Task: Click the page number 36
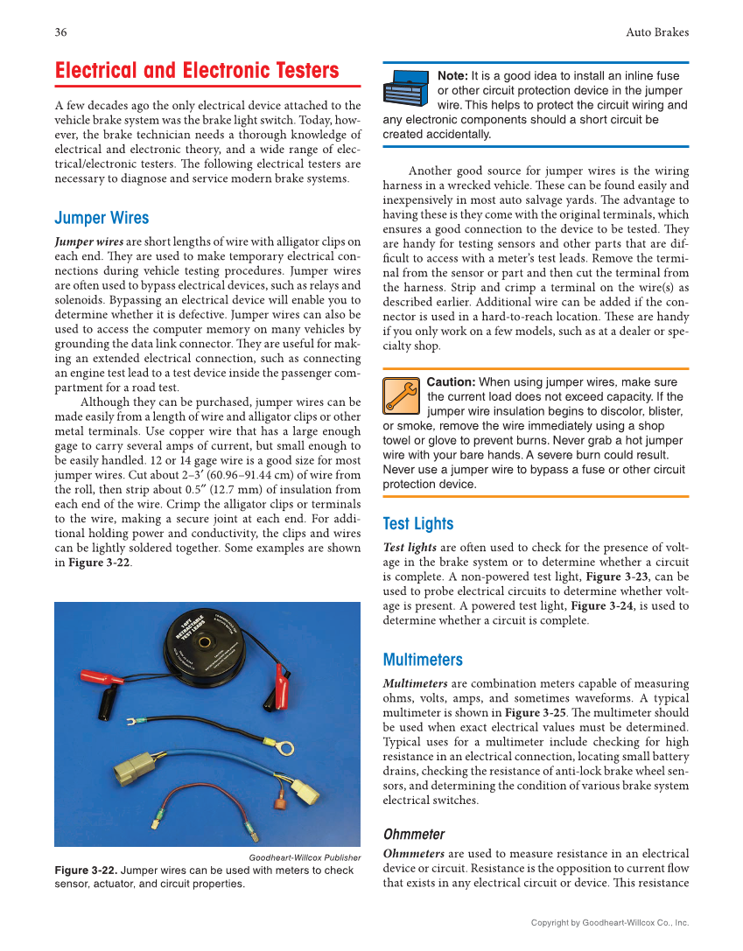click(x=60, y=32)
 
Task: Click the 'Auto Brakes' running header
click(x=656, y=32)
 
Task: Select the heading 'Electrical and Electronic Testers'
click(x=197, y=71)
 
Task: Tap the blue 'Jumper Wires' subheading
click(x=102, y=218)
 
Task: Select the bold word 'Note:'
click(x=452, y=76)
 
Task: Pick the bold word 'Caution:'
click(x=451, y=382)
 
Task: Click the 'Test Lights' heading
click(x=418, y=523)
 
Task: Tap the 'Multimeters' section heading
click(x=423, y=660)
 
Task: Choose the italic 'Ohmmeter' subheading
click(x=414, y=834)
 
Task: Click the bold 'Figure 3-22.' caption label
click(x=85, y=871)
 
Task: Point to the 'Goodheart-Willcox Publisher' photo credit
click(x=305, y=857)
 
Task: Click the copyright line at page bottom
click(x=610, y=922)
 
